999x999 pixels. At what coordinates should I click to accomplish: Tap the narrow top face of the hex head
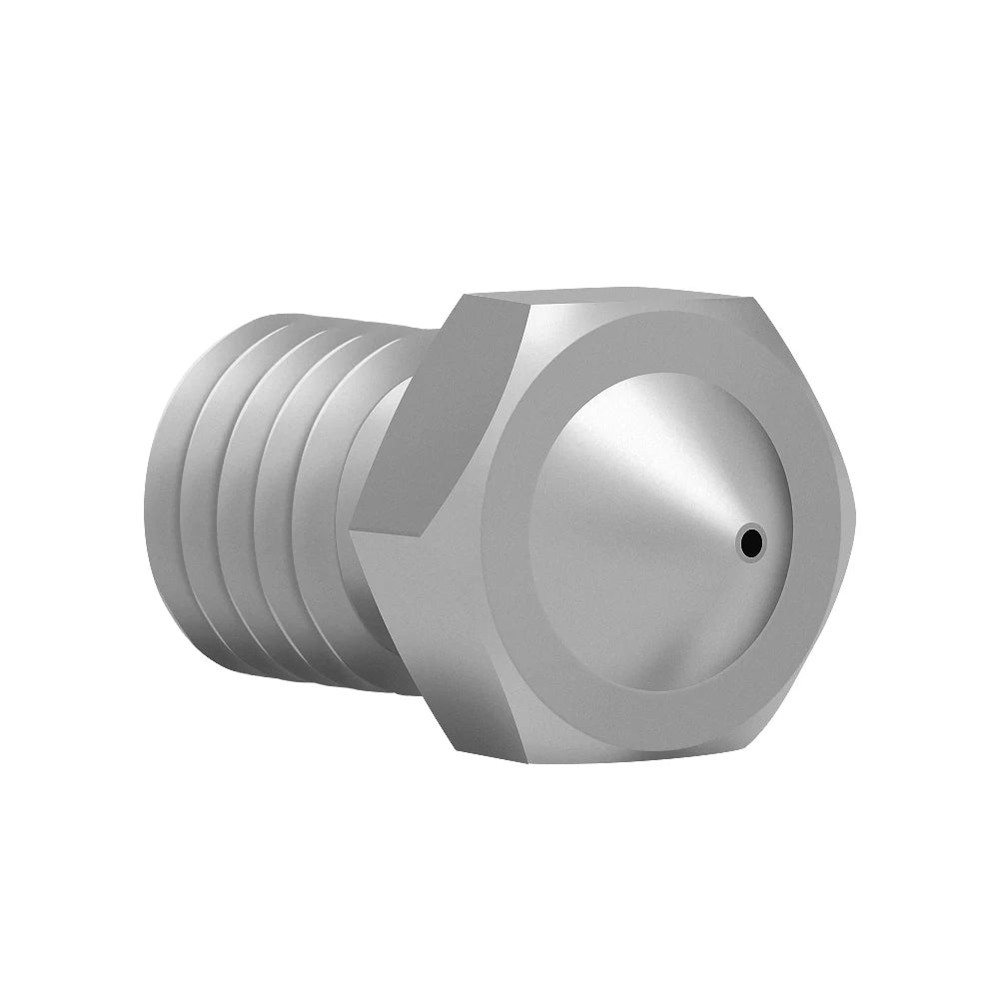pyautogui.click(x=599, y=297)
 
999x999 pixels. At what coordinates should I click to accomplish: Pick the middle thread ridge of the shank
pyautogui.click(x=270, y=509)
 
